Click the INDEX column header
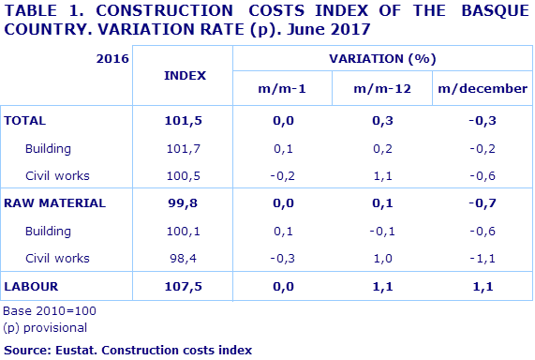(x=185, y=74)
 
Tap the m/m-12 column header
(x=381, y=89)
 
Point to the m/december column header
(x=483, y=89)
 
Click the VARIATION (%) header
(x=382, y=58)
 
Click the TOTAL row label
(x=25, y=121)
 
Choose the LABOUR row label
(x=31, y=285)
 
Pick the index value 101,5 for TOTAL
(x=184, y=121)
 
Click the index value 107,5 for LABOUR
(x=184, y=285)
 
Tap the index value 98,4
(x=184, y=258)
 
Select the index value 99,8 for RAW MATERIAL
(x=184, y=202)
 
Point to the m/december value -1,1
(x=483, y=258)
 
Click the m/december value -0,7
(x=483, y=202)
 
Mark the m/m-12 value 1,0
(x=381, y=258)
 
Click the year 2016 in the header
(x=112, y=58)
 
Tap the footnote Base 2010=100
(x=50, y=310)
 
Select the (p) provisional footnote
(x=45, y=327)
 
